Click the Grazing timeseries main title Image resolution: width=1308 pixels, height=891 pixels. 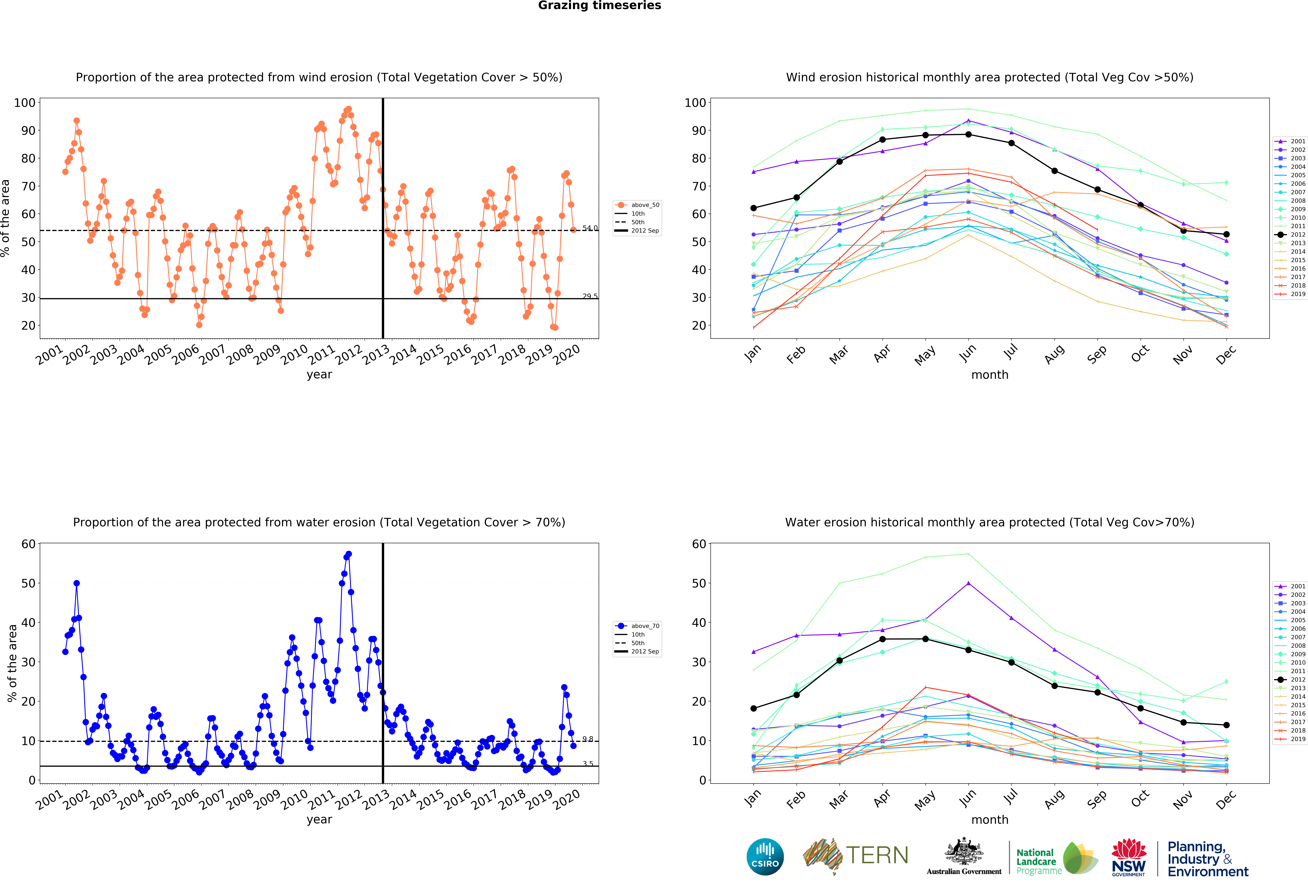pyautogui.click(x=599, y=6)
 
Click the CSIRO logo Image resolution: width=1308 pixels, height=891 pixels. pyautogui.click(x=765, y=857)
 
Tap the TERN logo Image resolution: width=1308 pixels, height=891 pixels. pyautogui.click(x=855, y=856)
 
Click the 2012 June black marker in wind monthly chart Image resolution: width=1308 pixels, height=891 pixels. pyautogui.click(x=968, y=134)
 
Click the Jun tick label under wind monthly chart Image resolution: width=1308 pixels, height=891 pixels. pyautogui.click(x=968, y=352)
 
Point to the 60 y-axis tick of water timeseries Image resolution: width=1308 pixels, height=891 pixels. pyautogui.click(x=28, y=544)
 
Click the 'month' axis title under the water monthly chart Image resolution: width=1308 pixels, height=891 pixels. pyautogui.click(x=989, y=820)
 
